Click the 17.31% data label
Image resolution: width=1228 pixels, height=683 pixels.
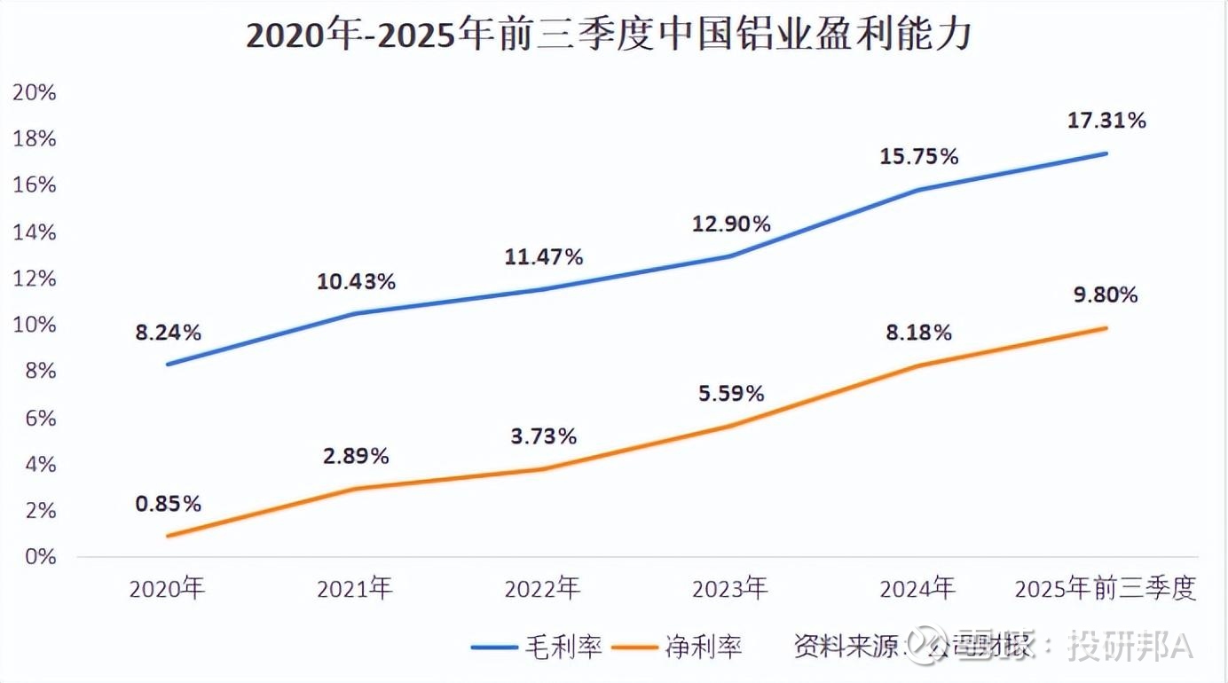[x=1106, y=120]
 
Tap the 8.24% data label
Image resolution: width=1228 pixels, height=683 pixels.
[x=168, y=333]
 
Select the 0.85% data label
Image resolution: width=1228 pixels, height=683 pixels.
[x=168, y=503]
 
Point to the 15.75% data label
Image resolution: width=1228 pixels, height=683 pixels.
[x=918, y=156]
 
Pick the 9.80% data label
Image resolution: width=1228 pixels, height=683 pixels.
[x=1106, y=294]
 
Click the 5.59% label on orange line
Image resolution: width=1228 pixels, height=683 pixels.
[x=731, y=393]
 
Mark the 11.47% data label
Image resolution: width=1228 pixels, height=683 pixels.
[x=543, y=257]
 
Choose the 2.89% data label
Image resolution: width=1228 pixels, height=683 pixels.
[x=355, y=456]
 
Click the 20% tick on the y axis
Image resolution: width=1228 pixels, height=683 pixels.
[x=35, y=92]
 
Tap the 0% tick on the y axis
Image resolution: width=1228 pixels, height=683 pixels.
[x=41, y=557]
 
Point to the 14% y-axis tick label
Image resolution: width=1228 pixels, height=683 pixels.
[x=35, y=232]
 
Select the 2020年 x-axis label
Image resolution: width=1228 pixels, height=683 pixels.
[x=167, y=588]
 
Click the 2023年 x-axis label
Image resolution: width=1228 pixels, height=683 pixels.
[x=730, y=588]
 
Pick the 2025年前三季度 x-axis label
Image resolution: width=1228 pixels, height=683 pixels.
[x=1106, y=588]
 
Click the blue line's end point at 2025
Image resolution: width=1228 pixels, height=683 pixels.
[x=1106, y=153]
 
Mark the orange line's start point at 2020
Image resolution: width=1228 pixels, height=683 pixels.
[x=168, y=536]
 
